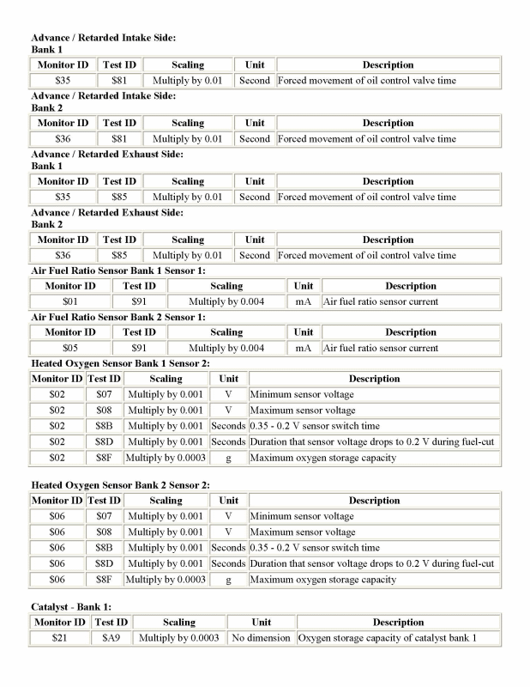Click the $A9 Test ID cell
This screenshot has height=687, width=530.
(111, 638)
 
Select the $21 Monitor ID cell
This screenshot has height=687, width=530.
(59, 638)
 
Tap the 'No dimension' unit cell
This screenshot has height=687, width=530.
(261, 638)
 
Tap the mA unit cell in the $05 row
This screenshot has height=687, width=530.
(303, 348)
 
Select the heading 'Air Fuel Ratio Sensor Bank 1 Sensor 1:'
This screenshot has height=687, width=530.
(118, 271)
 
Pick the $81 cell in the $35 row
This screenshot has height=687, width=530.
(119, 80)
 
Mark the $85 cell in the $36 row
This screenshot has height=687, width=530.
(119, 255)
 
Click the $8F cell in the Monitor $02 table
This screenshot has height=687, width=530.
(105, 458)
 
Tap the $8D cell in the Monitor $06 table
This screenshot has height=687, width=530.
(105, 563)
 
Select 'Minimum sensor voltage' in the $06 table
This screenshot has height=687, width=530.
(302, 516)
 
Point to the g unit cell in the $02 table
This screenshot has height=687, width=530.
(228, 458)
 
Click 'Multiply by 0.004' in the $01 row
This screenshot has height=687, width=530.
(226, 301)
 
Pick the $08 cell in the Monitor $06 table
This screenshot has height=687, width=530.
(105, 532)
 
